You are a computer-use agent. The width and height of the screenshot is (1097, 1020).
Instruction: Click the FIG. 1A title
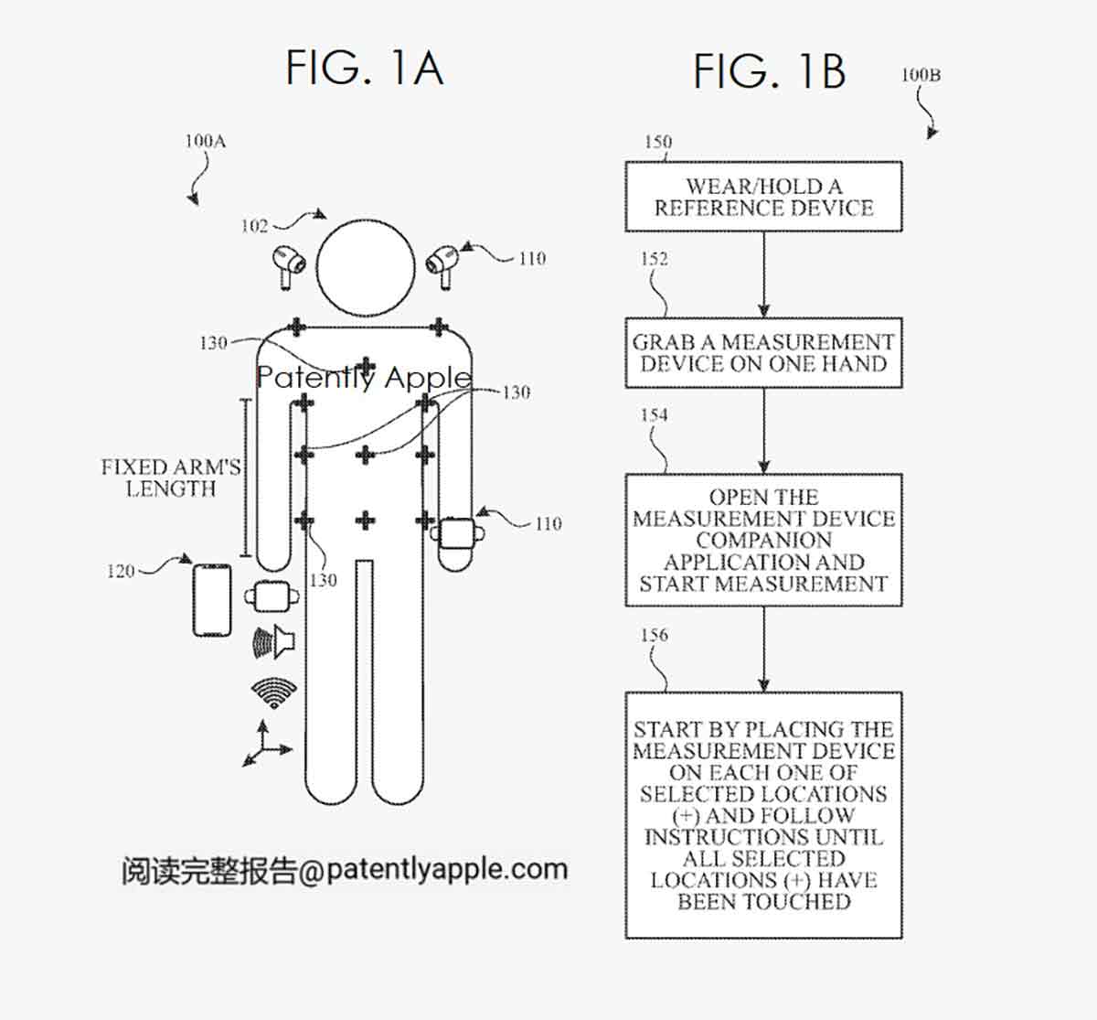tap(365, 68)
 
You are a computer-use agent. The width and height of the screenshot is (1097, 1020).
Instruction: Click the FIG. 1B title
tap(769, 71)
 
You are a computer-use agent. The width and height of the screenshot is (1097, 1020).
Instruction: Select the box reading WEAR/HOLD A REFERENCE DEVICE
tap(763, 197)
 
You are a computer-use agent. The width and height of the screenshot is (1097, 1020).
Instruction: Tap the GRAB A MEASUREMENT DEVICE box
tap(763, 353)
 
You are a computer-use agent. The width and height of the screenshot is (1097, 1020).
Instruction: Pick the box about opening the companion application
tap(763, 540)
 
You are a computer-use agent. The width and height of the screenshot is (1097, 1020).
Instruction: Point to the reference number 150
tap(658, 142)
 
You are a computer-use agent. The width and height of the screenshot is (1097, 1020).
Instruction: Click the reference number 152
tap(655, 259)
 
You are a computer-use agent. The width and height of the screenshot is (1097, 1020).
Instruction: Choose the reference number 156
tap(655, 635)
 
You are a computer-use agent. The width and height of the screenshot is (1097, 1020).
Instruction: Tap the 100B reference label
tap(921, 75)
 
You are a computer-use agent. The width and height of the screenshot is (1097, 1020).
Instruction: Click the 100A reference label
tap(205, 141)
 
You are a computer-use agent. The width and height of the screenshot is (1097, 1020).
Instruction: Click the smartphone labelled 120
tap(212, 599)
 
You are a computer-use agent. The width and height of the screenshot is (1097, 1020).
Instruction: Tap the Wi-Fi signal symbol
tap(274, 693)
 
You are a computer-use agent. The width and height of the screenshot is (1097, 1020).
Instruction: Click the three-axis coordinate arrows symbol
tap(265, 744)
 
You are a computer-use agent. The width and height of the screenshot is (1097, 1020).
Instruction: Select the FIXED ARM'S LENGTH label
tap(171, 478)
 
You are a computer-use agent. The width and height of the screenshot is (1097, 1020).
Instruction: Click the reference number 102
tap(254, 226)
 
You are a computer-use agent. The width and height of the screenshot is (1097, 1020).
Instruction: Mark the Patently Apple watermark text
tap(364, 377)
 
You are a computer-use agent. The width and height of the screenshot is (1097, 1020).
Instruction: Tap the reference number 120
tap(121, 572)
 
